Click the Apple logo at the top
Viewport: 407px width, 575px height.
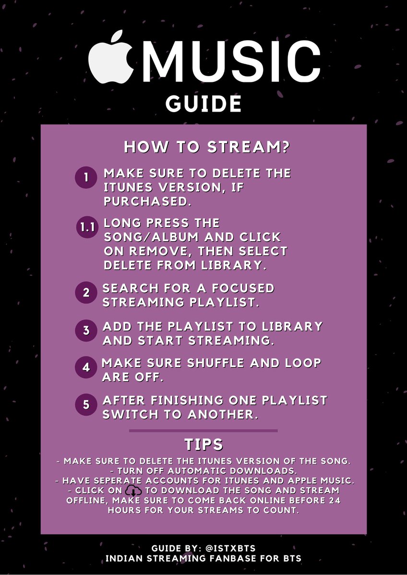tap(111, 57)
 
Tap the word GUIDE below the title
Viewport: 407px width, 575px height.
tap(203, 103)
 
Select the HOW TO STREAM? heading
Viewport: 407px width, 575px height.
tap(207, 147)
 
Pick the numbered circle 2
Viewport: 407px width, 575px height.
tap(86, 293)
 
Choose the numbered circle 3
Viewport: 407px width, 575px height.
tap(86, 330)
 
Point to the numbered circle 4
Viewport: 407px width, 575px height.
tap(86, 368)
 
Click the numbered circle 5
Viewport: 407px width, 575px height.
tap(86, 404)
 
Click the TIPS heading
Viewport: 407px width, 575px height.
tap(204, 445)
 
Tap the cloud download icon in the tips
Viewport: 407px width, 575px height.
tap(132, 491)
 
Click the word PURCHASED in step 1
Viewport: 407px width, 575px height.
tap(147, 202)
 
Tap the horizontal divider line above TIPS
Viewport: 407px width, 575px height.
tap(203, 431)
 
